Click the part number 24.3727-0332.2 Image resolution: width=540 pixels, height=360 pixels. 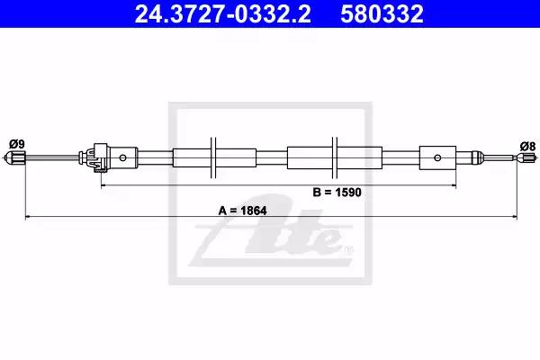tap(222, 14)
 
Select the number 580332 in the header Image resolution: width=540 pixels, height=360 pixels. tap(382, 14)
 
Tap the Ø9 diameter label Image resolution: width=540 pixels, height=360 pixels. tap(17, 144)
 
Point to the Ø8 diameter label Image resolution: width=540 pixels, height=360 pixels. tap(527, 147)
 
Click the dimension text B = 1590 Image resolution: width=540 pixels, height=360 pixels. tap(337, 193)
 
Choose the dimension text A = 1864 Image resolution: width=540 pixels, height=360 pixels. tap(242, 211)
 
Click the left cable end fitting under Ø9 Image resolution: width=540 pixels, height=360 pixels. tap(16, 158)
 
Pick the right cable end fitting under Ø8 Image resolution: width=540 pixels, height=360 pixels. tap(526, 158)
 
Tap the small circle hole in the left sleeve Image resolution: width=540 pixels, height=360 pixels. tap(123, 158)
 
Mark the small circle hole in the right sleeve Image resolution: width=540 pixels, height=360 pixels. tap(437, 157)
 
